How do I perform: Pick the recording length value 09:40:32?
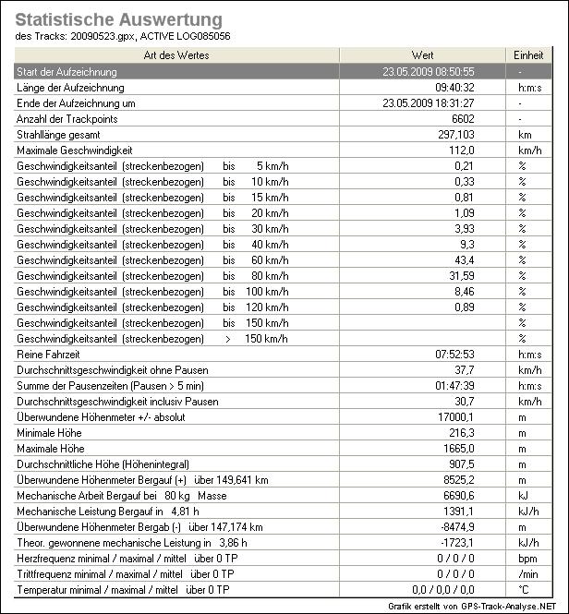point(454,87)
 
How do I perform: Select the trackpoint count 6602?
point(462,119)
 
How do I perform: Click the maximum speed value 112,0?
point(461,150)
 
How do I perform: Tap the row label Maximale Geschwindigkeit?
point(75,150)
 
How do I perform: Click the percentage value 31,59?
point(460,276)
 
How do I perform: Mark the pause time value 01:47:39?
point(454,386)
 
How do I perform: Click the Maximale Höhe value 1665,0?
point(458,449)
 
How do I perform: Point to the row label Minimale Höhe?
point(49,433)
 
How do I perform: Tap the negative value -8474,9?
point(456,527)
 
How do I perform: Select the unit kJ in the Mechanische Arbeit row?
point(522,496)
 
